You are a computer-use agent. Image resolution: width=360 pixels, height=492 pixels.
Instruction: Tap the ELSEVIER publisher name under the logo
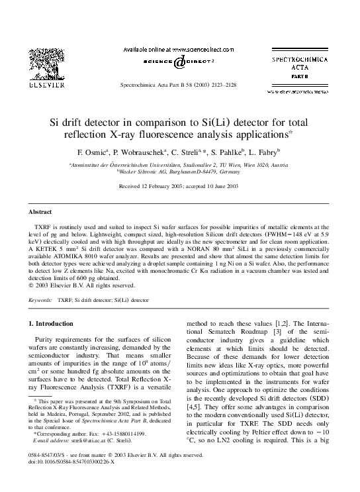[x=37, y=85]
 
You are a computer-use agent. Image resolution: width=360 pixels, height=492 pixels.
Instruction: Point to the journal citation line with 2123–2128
[x=179, y=87]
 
